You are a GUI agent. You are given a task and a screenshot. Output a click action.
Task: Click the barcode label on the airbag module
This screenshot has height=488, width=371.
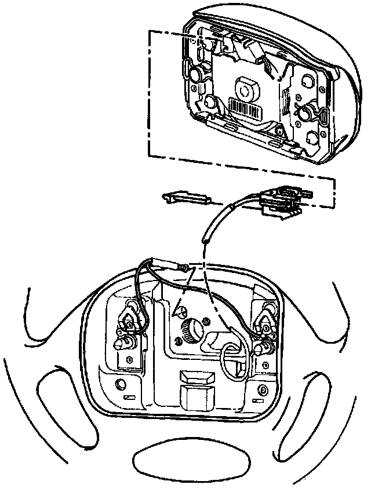243,108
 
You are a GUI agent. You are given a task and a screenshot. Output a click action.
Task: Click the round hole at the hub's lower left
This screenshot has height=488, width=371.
121,384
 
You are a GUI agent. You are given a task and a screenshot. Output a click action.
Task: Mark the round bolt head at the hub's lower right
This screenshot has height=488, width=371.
263,387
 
